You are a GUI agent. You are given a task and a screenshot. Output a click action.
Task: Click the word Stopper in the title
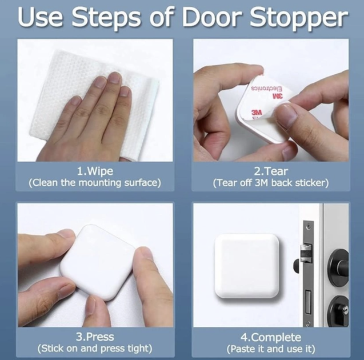(x=299, y=18)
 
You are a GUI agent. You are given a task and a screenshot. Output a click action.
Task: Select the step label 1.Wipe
(x=95, y=171)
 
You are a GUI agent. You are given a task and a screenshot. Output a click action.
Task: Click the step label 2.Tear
(x=271, y=171)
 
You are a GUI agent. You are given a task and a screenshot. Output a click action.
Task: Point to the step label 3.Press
(x=95, y=337)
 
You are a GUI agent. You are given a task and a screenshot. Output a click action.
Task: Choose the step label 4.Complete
(x=271, y=337)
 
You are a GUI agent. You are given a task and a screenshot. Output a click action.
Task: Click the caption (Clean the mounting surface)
(x=95, y=183)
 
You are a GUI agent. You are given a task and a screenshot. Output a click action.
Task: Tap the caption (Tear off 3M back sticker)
(x=271, y=183)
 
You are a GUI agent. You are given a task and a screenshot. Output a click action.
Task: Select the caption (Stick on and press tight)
(x=95, y=349)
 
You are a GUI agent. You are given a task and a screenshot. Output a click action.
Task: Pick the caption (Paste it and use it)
(x=271, y=349)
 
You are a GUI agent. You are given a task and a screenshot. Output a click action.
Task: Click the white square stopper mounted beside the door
(x=247, y=267)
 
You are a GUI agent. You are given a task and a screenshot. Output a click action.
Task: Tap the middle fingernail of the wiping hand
(x=115, y=77)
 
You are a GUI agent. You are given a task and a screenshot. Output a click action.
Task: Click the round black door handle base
(x=338, y=267)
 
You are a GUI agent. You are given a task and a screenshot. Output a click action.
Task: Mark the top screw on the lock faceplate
(x=308, y=226)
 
